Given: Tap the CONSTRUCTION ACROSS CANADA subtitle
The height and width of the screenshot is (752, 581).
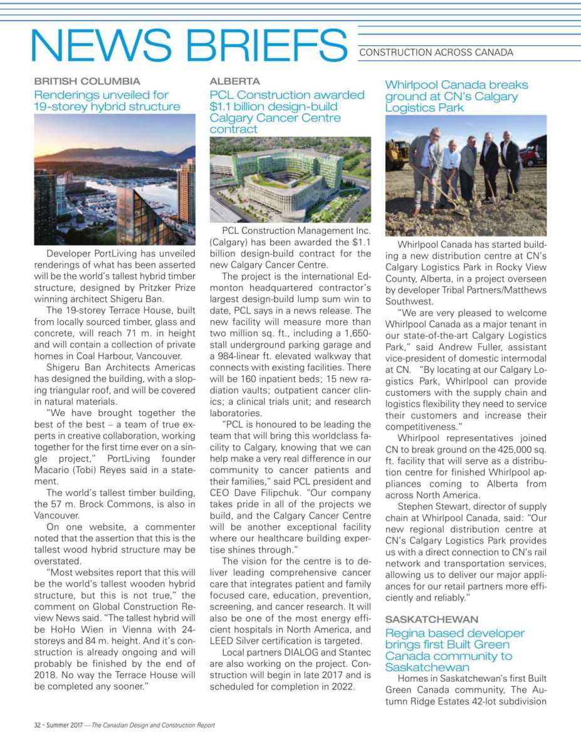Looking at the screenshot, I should [436, 53].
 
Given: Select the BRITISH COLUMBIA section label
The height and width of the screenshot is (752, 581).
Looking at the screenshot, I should [87, 81].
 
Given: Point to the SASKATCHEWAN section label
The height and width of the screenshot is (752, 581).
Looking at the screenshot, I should [432, 619].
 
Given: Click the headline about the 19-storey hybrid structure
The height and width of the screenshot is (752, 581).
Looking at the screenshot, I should [107, 101].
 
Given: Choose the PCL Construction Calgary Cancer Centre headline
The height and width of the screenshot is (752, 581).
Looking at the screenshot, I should [286, 112].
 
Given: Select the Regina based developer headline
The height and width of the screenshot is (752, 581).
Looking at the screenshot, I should [454, 650].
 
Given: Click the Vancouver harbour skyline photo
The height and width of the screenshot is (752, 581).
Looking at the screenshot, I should [115, 179].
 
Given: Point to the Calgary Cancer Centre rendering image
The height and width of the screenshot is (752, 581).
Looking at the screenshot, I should [290, 180].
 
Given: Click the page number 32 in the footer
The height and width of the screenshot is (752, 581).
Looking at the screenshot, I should [37, 725].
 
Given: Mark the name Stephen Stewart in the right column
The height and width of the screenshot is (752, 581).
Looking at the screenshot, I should [429, 506].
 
